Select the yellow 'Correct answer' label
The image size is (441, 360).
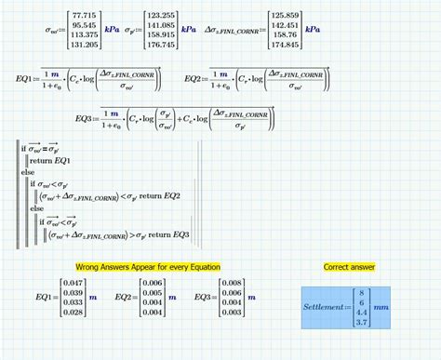[x=349, y=267]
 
